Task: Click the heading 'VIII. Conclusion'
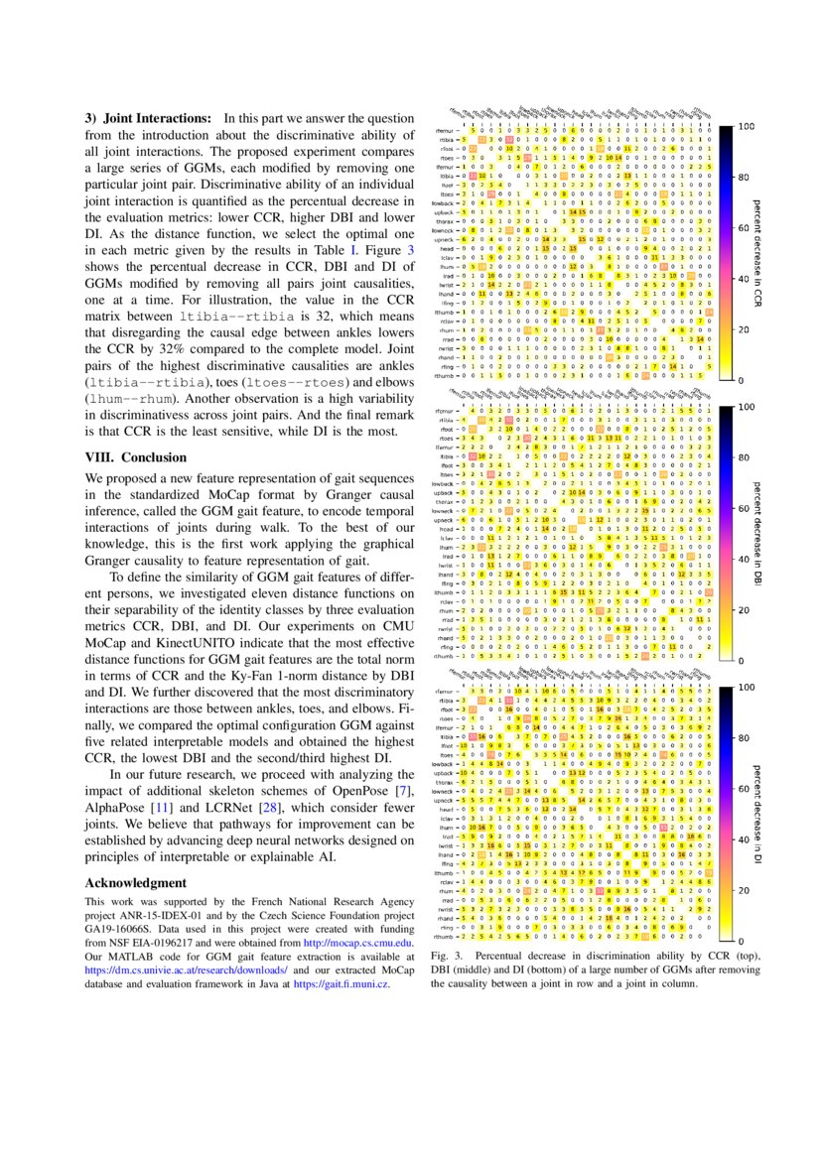(135, 457)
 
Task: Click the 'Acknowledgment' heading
(135, 882)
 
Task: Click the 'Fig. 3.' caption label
(445, 955)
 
